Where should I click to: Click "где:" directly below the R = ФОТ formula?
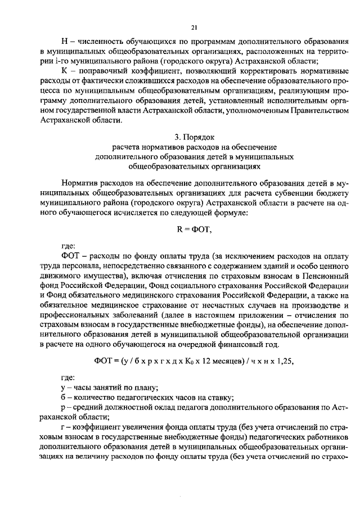click(67, 246)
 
